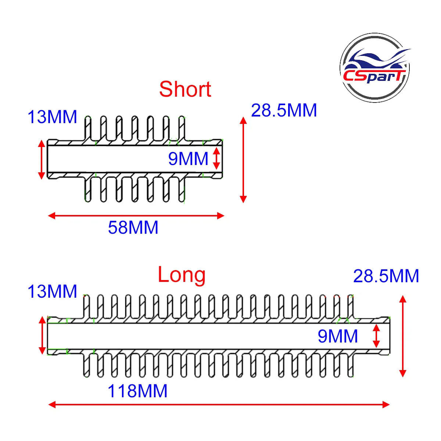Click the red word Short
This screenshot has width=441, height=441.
coord(185,89)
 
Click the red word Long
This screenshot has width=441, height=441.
coord(182,275)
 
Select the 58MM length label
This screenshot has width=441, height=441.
coord(133,228)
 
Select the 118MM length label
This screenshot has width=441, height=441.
coord(137,391)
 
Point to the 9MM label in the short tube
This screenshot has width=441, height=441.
coord(188,159)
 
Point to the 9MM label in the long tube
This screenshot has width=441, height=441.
coord(338,336)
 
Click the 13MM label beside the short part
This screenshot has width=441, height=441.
coord(52,117)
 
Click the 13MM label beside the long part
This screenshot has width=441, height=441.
coord(52,291)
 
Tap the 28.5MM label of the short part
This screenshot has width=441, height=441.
coord(284,110)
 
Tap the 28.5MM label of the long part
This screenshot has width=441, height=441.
coord(386,276)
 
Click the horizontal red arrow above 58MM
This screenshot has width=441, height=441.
coord(136,216)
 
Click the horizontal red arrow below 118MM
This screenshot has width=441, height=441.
coord(219,411)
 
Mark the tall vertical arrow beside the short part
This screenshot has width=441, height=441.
coord(243,160)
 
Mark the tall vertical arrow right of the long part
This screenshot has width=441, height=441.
coord(402,336)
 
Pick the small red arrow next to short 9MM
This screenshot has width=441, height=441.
coord(216,158)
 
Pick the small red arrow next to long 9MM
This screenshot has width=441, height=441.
coord(376,336)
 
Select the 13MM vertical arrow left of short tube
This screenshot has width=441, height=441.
coord(42,159)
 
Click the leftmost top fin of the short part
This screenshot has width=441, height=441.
coord(88,128)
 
